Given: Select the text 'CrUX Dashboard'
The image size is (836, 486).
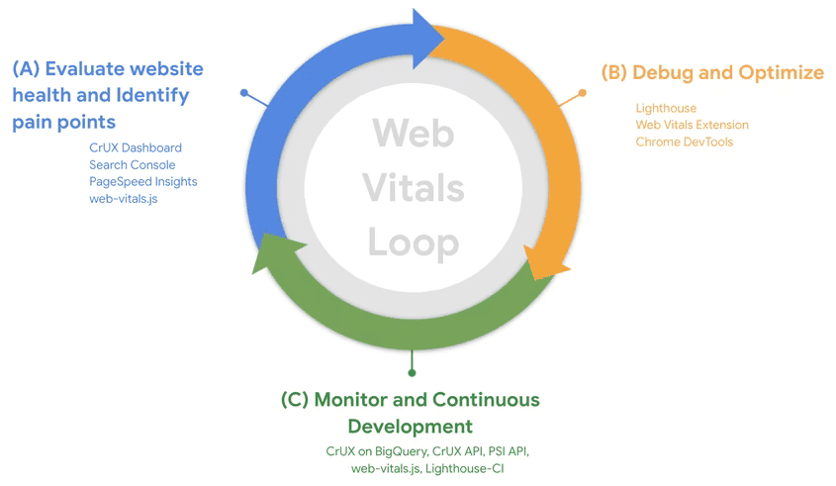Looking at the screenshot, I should coord(136,147).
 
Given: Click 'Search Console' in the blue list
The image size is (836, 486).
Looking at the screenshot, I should coord(133,164).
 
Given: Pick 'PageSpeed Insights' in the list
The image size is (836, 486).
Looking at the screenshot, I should coord(143,181).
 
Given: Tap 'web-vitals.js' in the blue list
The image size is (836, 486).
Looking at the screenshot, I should coord(123,198).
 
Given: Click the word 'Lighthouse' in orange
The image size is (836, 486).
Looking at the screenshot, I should coord(666,108).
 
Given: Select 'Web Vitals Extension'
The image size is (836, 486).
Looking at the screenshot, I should coord(692,125).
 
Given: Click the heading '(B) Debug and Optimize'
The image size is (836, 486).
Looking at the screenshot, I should coord(712,72).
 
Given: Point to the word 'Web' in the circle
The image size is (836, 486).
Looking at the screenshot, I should coord(414,132).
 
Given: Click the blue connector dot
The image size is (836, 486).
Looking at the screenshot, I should coord(244,93).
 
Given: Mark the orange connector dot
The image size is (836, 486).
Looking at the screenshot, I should coord(582,92).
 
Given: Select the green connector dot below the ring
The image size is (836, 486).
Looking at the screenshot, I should coord(412,372).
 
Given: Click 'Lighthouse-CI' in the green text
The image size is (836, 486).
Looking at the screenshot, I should coord(465,467).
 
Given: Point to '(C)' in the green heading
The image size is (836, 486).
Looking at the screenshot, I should coord(295,400).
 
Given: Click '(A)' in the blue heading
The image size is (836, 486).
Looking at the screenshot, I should coord(26,69).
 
